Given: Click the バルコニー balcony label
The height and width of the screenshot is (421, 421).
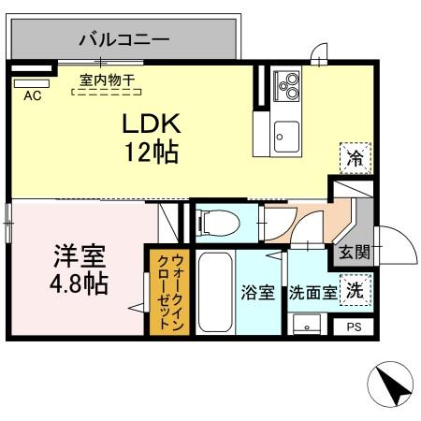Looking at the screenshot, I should coord(123,39).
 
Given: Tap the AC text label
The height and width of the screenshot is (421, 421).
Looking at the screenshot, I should coord(31,95).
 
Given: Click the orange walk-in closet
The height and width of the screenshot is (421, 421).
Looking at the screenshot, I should coord(169,290).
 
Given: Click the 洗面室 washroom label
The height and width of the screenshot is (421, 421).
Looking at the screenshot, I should coord(312,292).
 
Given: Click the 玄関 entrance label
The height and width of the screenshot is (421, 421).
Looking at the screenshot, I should coord(355,253).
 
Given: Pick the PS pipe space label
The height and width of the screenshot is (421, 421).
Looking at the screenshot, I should coord(354,327).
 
